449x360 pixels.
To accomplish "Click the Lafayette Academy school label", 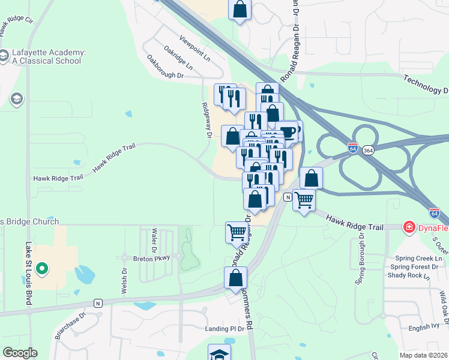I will [47, 56].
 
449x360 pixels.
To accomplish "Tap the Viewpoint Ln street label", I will [195, 50].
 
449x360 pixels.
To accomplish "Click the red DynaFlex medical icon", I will [409, 227].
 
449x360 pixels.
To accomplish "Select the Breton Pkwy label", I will [152, 257].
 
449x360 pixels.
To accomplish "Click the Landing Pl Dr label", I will [225, 328].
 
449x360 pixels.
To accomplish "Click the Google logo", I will [20, 353].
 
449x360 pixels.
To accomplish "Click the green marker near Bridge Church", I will [41, 269].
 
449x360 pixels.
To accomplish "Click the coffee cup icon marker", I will [288, 131].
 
